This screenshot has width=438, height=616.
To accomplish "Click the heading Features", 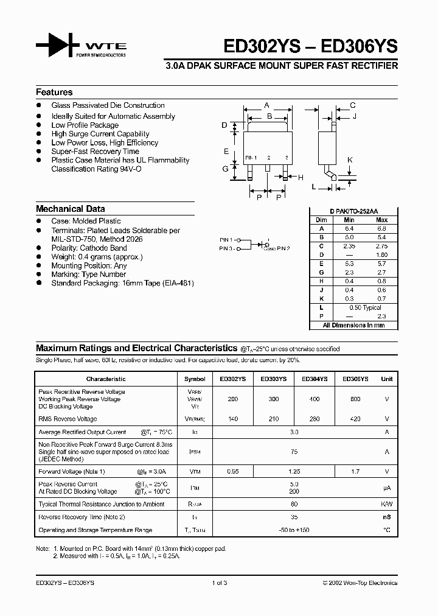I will [54, 93].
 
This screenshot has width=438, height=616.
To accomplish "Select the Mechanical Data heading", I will [70, 209].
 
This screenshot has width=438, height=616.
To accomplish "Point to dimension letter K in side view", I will [350, 160].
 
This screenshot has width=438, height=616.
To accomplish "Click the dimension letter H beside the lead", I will [300, 178].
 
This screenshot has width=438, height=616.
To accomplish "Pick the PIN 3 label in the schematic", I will [226, 248].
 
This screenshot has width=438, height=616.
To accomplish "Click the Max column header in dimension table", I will [381, 220].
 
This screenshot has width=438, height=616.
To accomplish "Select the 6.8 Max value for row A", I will [381, 228].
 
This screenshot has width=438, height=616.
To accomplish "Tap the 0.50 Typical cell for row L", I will [364, 308].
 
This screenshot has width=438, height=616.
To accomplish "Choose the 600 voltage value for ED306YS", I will [355, 399].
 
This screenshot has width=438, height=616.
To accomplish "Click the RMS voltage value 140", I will [233, 419].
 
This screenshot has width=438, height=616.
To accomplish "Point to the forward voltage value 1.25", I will [294, 471].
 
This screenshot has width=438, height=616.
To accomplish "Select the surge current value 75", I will [294, 452].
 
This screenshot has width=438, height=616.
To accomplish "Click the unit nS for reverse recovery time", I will [386, 517].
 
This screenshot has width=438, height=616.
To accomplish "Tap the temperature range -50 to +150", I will [294, 530].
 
